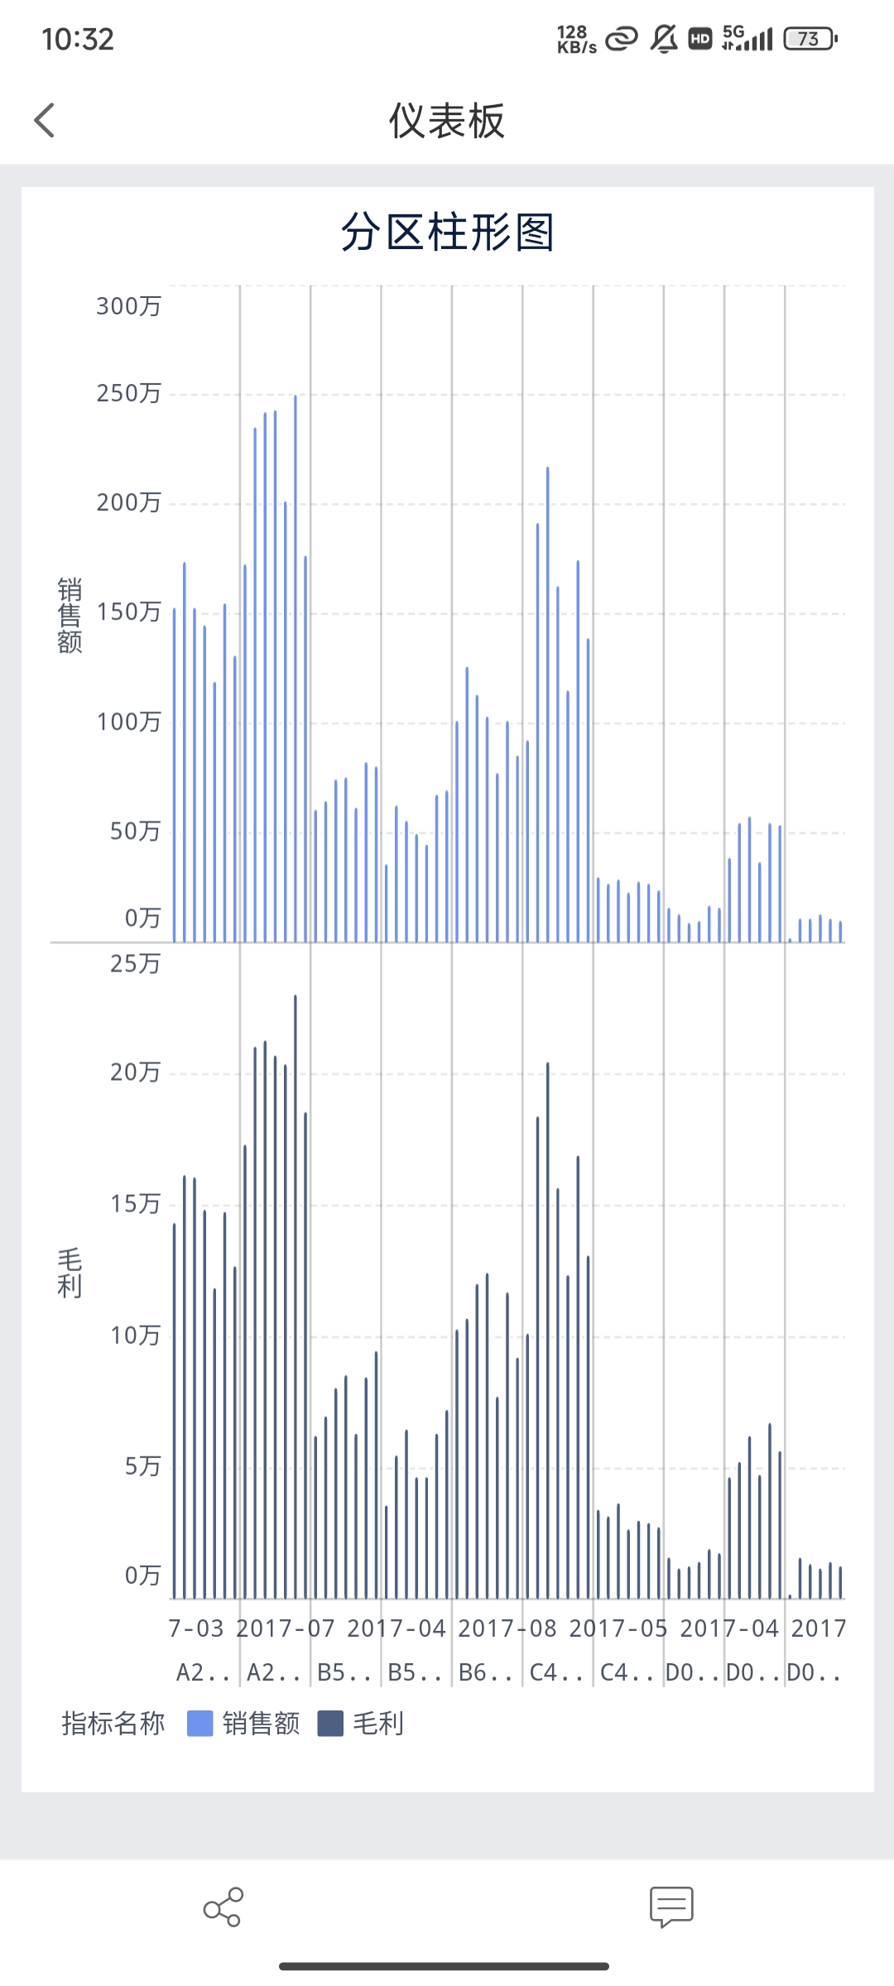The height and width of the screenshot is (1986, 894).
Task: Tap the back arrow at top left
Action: tap(45, 121)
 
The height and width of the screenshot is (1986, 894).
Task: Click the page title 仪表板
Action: tap(446, 122)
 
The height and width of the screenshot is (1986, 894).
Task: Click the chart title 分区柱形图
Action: tap(447, 232)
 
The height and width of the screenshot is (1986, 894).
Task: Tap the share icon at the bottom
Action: tap(223, 1907)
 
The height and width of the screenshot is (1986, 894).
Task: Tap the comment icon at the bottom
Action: tap(671, 1907)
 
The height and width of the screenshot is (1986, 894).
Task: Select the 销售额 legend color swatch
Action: tap(200, 1724)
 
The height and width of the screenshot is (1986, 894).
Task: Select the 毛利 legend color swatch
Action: tap(330, 1724)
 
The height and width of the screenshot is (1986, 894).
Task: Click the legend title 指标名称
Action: tap(113, 1724)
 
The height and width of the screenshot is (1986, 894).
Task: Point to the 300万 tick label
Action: tap(128, 306)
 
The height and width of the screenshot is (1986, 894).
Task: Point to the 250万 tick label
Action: tap(128, 393)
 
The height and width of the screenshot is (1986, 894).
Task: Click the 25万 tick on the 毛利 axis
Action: tap(135, 963)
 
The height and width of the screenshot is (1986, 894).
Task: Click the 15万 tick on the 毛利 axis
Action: tap(135, 1204)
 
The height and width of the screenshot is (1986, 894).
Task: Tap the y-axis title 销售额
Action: tap(70, 616)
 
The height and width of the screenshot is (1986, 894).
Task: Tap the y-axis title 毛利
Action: tap(70, 1274)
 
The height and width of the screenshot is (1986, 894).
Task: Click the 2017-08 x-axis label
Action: tap(507, 1629)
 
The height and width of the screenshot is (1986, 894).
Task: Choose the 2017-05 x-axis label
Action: tap(618, 1629)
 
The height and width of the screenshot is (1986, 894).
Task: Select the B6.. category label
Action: tap(486, 1672)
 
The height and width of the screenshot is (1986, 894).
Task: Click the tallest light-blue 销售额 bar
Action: tap(296, 662)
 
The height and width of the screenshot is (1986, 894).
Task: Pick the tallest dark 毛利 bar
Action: tap(296, 1291)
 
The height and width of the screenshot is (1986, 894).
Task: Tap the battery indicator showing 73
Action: tap(810, 39)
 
